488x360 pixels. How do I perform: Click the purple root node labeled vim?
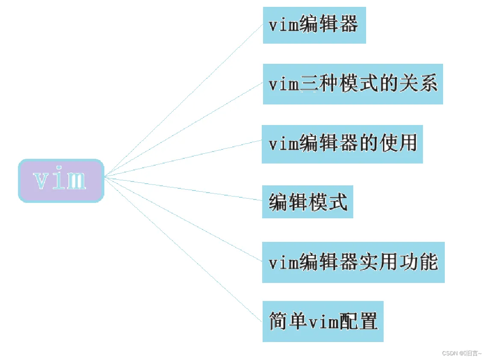coord(61,180)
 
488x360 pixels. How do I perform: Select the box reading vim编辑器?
coord(314,25)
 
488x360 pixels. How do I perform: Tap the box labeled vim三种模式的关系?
coord(353,84)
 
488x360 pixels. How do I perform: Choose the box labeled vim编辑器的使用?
coord(342,144)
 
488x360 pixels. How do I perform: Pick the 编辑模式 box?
coord(308,202)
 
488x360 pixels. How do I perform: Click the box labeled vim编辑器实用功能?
coord(353,262)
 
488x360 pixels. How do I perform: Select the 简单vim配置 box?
coord(323,321)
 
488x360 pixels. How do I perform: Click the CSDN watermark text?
coord(461,353)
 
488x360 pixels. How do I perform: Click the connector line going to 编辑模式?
coord(184,188)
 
